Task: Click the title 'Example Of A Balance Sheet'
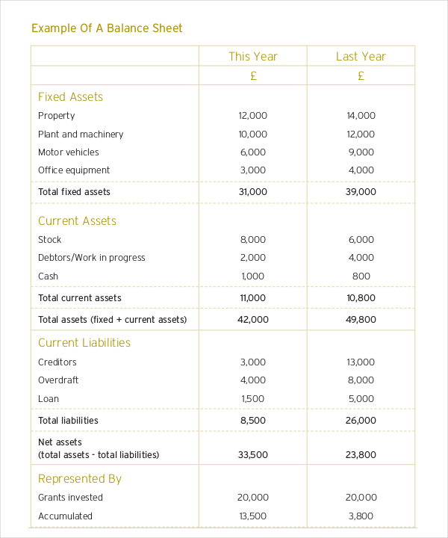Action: point(107,28)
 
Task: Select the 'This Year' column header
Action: point(252,56)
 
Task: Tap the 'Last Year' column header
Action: point(361,56)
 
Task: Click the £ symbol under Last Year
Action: point(361,75)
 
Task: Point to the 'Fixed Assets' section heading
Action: point(70,97)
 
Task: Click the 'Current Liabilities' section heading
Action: point(84,343)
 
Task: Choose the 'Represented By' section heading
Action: point(80,479)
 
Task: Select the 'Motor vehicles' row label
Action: point(69,152)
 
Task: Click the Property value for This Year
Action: point(252,116)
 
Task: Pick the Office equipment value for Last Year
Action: point(361,170)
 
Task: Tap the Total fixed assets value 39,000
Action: point(361,192)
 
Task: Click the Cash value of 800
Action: point(361,276)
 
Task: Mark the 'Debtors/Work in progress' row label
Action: point(92,258)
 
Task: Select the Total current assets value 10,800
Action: point(361,298)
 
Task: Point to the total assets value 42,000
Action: point(252,320)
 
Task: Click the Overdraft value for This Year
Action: point(252,380)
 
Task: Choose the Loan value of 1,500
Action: point(252,399)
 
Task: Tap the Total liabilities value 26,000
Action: point(361,421)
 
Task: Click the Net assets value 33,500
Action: point(252,454)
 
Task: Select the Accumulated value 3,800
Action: point(361,516)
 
